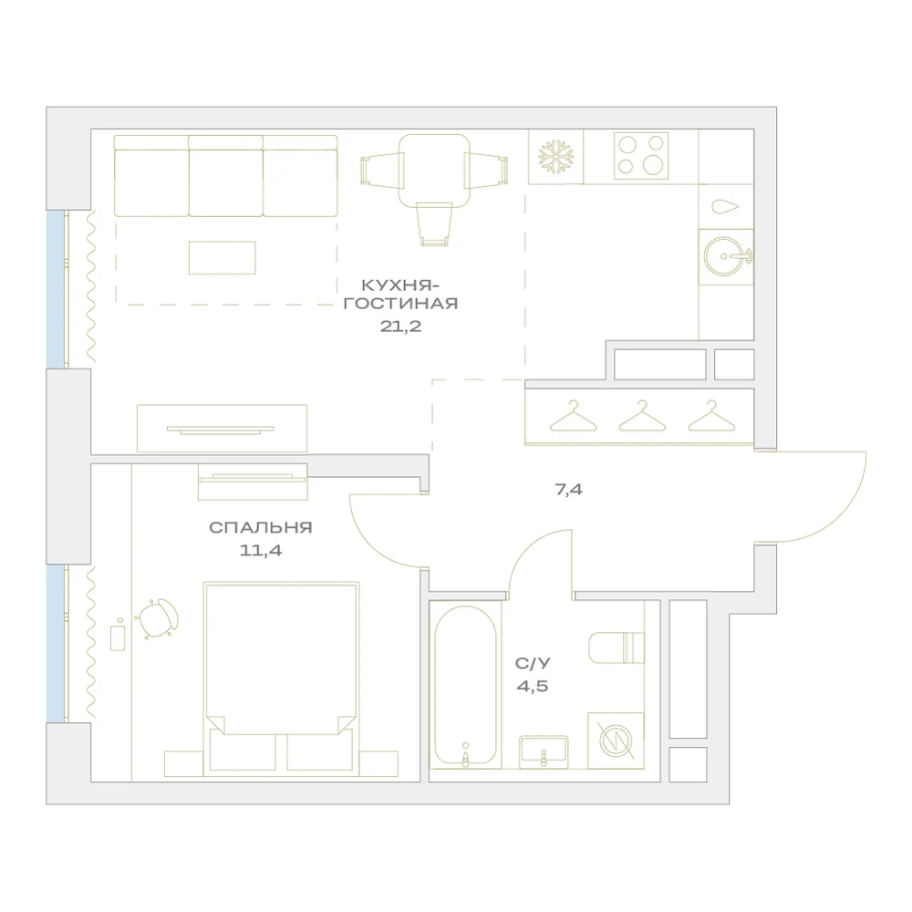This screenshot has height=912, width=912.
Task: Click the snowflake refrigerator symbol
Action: pyautogui.click(x=555, y=157)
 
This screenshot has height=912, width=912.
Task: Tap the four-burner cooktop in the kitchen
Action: pyautogui.click(x=641, y=156)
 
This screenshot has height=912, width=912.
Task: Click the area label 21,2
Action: pyautogui.click(x=400, y=326)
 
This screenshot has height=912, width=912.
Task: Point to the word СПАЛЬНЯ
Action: pyautogui.click(x=261, y=527)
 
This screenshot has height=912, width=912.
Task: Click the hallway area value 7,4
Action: pyautogui.click(x=568, y=490)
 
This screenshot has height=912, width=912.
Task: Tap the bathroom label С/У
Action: pyautogui.click(x=533, y=663)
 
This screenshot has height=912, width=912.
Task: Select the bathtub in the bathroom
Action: pyautogui.click(x=465, y=688)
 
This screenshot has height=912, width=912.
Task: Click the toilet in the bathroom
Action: pyautogui.click(x=617, y=648)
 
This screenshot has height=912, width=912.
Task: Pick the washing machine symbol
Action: pyautogui.click(x=616, y=741)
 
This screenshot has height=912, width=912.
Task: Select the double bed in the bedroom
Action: pyautogui.click(x=281, y=679)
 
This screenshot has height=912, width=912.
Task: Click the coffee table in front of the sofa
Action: pyautogui.click(x=223, y=258)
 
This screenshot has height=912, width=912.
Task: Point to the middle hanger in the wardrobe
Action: pyautogui.click(x=641, y=416)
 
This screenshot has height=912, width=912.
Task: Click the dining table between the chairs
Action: pyautogui.click(x=434, y=171)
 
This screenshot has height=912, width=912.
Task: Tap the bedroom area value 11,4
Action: pyautogui.click(x=261, y=550)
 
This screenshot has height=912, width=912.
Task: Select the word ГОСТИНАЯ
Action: pyautogui.click(x=400, y=304)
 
